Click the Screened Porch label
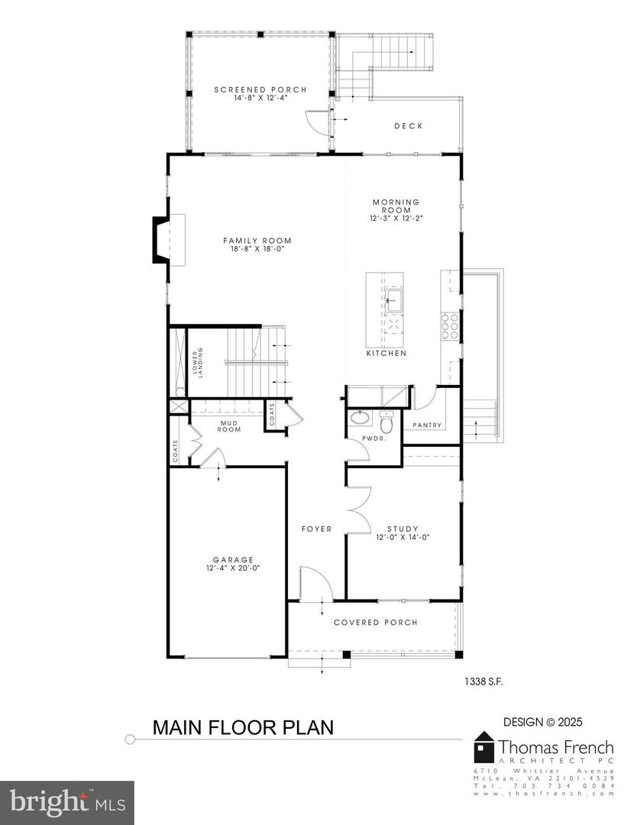260,90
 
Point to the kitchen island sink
396,299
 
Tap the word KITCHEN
386,354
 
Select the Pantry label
428,425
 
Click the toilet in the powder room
386,422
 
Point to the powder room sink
359,419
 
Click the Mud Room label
231,425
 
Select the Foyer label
316,529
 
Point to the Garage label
234,559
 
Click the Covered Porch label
376,623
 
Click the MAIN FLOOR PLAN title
243,727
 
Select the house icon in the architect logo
484,746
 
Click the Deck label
409,126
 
